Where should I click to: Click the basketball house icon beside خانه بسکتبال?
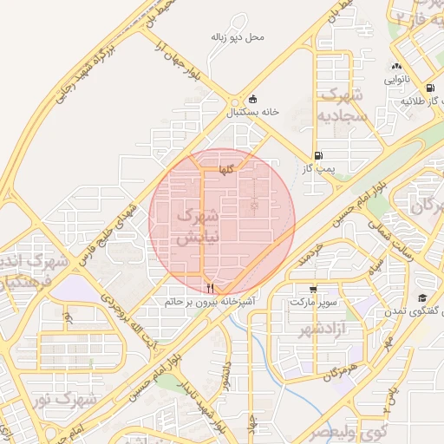pos(252,99)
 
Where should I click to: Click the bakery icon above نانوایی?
pos(396,66)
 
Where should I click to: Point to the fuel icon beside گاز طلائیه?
pos(430,88)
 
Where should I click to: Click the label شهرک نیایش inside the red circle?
pos(198,225)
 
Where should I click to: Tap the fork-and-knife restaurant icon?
pos(209,288)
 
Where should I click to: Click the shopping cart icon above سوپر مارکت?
pos(312,289)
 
